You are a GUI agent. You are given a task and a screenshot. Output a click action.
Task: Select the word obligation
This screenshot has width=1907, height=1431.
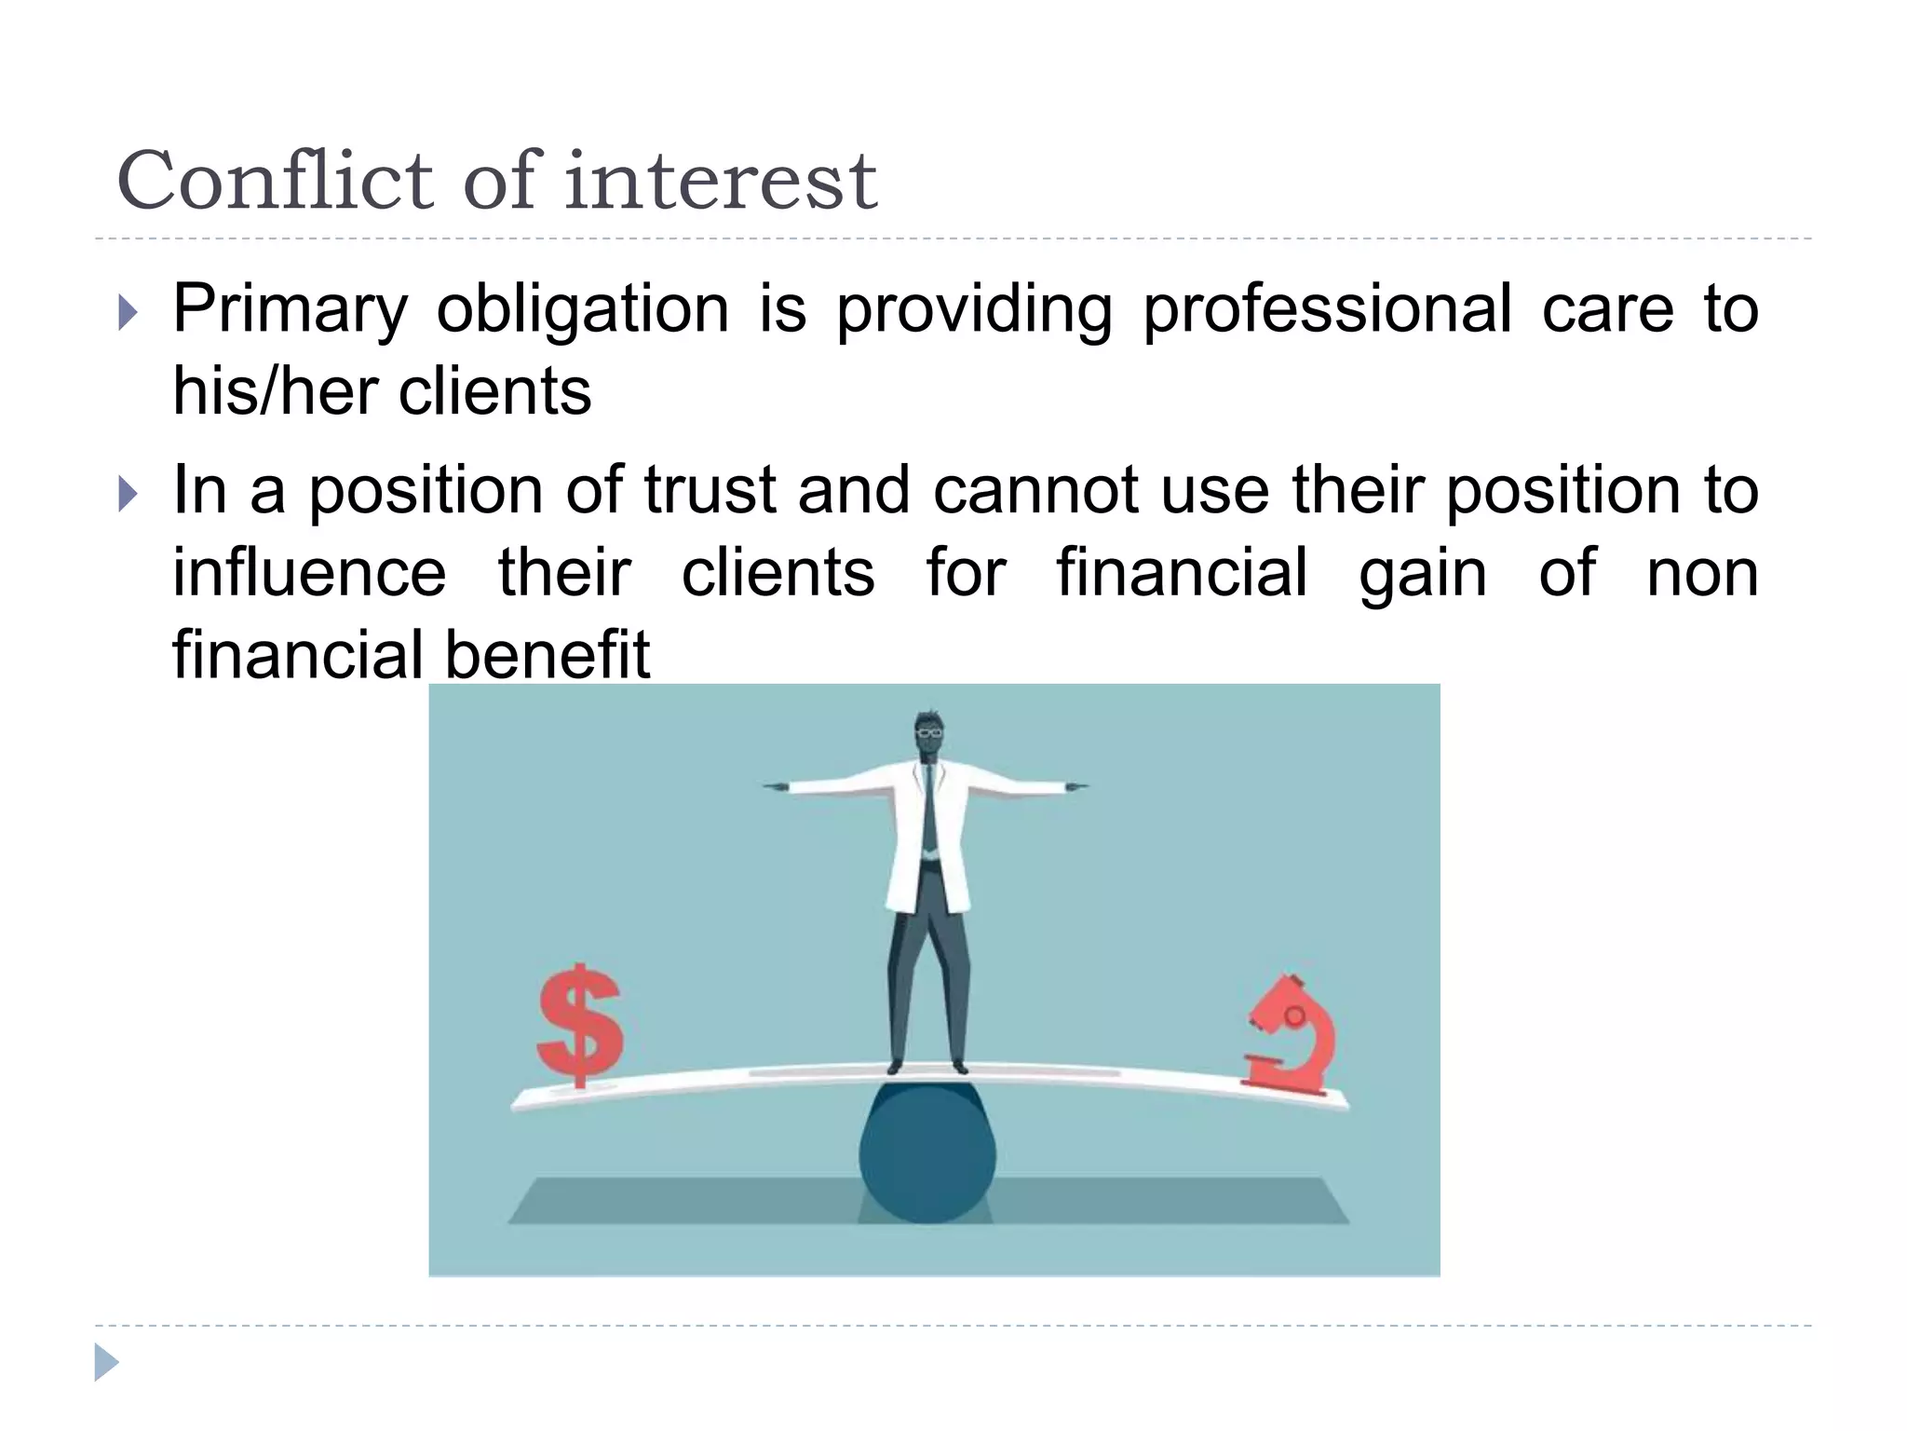(x=583, y=310)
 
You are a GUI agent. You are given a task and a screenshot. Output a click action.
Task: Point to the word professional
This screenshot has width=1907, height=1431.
(x=1327, y=310)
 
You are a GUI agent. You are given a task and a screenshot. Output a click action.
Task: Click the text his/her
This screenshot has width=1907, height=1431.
(x=273, y=391)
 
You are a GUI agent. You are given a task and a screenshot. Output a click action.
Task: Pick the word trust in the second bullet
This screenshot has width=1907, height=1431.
(x=710, y=490)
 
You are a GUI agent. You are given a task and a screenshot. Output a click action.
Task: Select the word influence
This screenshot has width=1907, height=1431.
(x=309, y=572)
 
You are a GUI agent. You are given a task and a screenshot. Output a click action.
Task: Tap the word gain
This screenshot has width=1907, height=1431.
(x=1422, y=574)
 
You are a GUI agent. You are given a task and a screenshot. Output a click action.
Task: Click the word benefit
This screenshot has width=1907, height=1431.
(x=547, y=654)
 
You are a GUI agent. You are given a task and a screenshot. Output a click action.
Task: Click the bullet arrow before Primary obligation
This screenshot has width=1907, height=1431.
(x=128, y=313)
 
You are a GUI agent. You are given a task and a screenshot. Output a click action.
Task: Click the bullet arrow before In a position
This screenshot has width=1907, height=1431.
(x=128, y=494)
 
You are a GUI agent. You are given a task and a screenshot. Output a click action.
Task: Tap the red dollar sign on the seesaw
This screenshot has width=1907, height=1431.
(x=579, y=1025)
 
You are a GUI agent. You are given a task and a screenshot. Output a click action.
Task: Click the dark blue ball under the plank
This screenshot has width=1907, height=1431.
(x=927, y=1155)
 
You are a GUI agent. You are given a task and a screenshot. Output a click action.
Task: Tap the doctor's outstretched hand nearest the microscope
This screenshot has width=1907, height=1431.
(x=1075, y=787)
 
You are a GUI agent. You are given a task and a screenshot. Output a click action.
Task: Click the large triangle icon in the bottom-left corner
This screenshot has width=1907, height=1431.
(x=105, y=1362)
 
